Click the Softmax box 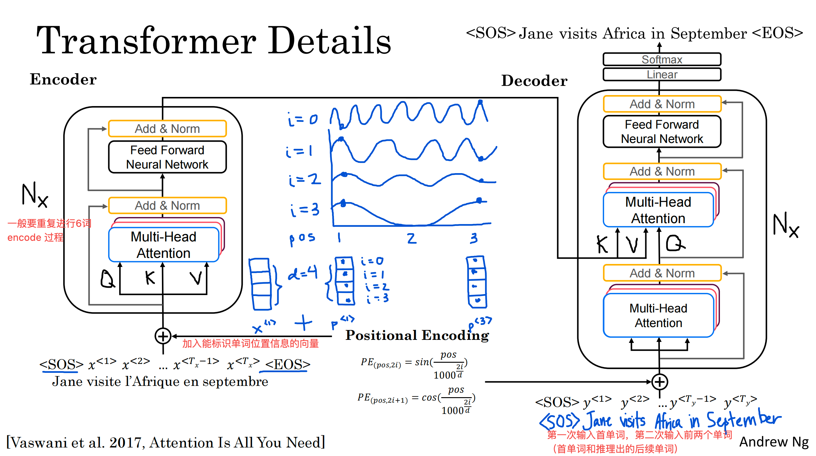click(662, 59)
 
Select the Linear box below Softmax click(662, 74)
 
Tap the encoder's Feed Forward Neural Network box click(167, 157)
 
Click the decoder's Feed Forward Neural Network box click(662, 131)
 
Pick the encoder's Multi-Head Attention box click(164, 245)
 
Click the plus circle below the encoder click(163, 336)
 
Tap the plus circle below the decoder click(660, 382)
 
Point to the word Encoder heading click(63, 79)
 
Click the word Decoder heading click(534, 80)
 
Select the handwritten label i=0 click(302, 119)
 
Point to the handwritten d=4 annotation click(302, 272)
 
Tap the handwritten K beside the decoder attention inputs click(602, 244)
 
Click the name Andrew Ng click(774, 442)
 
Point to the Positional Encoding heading click(417, 335)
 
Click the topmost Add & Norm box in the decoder click(662, 104)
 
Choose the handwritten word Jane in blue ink click(598, 420)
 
